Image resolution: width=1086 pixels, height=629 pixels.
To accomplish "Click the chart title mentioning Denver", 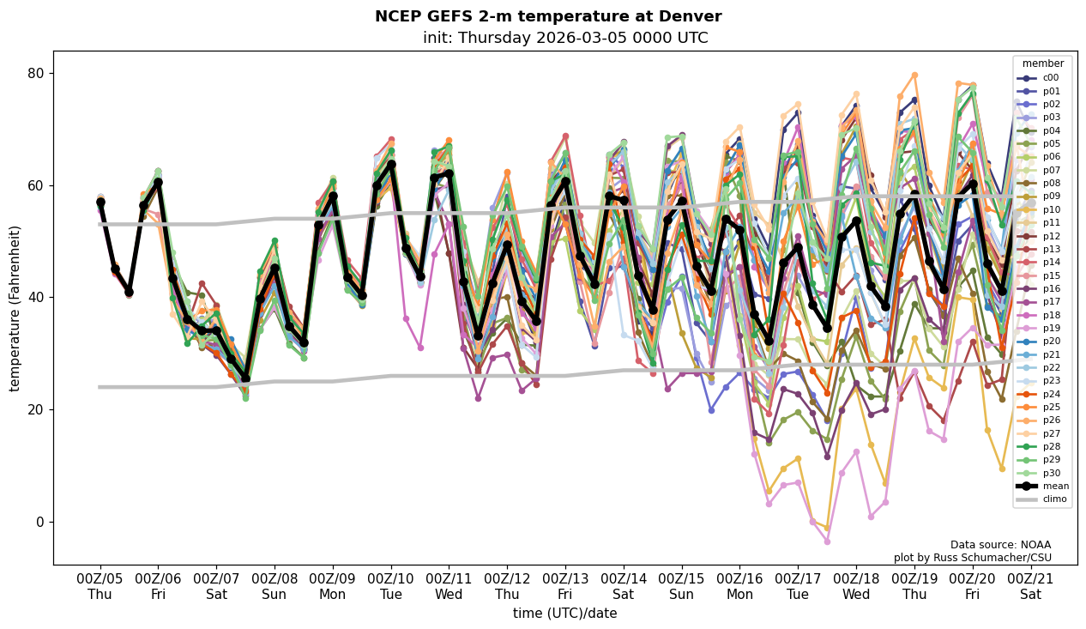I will (x=548, y=17).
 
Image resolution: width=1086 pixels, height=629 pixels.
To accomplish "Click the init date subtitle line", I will (x=565, y=39).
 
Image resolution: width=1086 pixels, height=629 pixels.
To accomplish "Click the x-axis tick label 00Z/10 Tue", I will (x=391, y=585).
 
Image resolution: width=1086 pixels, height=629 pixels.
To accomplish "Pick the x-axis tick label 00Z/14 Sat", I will (x=624, y=585).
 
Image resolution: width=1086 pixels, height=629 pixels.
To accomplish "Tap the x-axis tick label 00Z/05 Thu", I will (x=100, y=585).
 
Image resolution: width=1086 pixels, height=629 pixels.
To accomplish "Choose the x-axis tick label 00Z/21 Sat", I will (x=1031, y=585).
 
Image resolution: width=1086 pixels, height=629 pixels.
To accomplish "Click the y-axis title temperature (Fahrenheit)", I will (x=15, y=308).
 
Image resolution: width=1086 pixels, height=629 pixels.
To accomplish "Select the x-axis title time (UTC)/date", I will (x=565, y=614).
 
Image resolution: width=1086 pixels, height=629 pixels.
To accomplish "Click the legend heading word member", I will (x=1042, y=64).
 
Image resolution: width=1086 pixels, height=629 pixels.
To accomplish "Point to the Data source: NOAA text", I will (x=1000, y=545).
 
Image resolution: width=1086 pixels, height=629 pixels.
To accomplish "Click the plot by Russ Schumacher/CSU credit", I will (x=972, y=558).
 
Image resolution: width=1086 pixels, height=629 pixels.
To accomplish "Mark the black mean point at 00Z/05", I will (x=100, y=203).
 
